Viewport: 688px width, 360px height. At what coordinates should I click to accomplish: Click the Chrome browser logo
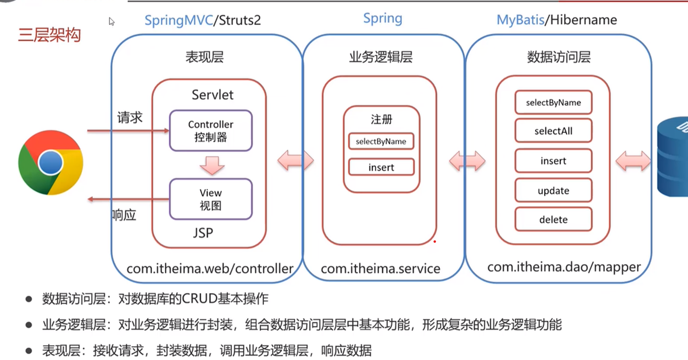tap(51, 163)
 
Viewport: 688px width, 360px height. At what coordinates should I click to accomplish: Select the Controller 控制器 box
tap(211, 130)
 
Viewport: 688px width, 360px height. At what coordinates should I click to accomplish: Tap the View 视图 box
tap(211, 199)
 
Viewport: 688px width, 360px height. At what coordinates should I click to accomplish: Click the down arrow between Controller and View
tap(212, 165)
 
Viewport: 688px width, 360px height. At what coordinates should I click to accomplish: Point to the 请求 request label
tap(130, 117)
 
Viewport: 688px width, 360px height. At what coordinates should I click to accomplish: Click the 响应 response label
tap(124, 215)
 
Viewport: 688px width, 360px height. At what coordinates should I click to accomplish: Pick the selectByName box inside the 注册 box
tap(381, 141)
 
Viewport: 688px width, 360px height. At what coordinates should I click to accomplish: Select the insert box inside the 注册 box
tap(381, 167)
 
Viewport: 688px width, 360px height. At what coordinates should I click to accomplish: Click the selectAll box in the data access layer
tap(553, 131)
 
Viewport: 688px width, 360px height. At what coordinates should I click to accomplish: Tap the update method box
tap(553, 191)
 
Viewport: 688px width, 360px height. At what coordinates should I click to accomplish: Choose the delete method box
tap(553, 219)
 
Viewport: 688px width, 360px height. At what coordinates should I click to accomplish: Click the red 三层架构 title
tap(49, 35)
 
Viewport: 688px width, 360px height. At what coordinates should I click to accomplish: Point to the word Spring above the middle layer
tap(383, 19)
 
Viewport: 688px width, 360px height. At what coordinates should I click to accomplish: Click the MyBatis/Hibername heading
tap(557, 20)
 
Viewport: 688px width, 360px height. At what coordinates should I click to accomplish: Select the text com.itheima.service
tap(380, 269)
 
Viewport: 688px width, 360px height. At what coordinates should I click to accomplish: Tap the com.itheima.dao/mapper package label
tap(564, 267)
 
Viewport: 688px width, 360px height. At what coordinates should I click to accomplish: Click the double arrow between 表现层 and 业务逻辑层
tap(296, 161)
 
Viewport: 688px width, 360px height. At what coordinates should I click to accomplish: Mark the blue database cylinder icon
tap(674, 157)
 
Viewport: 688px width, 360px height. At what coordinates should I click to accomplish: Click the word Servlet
tap(212, 94)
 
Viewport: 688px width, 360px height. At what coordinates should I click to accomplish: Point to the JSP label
tap(203, 233)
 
